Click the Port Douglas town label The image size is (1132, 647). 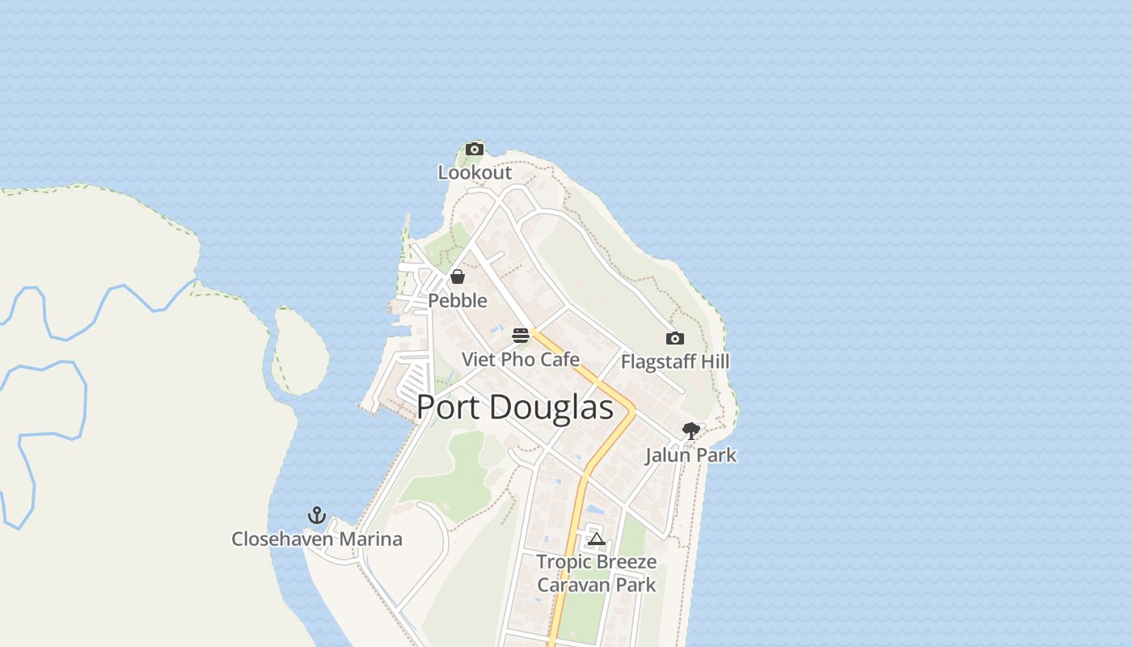(x=515, y=407)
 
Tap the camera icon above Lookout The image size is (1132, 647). (x=475, y=149)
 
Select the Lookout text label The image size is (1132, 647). (x=475, y=172)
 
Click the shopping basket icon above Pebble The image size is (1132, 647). (x=458, y=277)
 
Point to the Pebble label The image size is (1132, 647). (x=458, y=301)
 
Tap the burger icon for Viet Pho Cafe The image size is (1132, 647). (x=521, y=336)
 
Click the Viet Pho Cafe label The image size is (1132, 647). (x=521, y=359)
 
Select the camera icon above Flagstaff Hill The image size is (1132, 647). (x=675, y=338)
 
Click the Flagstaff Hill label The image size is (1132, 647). (x=675, y=362)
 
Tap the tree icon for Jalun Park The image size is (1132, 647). (x=691, y=431)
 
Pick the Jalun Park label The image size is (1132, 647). (x=691, y=455)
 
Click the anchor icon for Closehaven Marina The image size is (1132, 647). (x=317, y=515)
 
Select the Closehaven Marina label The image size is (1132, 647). (x=317, y=539)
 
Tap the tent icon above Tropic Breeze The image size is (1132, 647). (x=597, y=539)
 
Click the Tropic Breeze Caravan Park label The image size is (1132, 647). (x=597, y=573)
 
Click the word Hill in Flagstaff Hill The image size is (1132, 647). (x=715, y=362)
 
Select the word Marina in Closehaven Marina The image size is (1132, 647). (x=370, y=539)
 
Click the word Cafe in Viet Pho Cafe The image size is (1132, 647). (x=560, y=359)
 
